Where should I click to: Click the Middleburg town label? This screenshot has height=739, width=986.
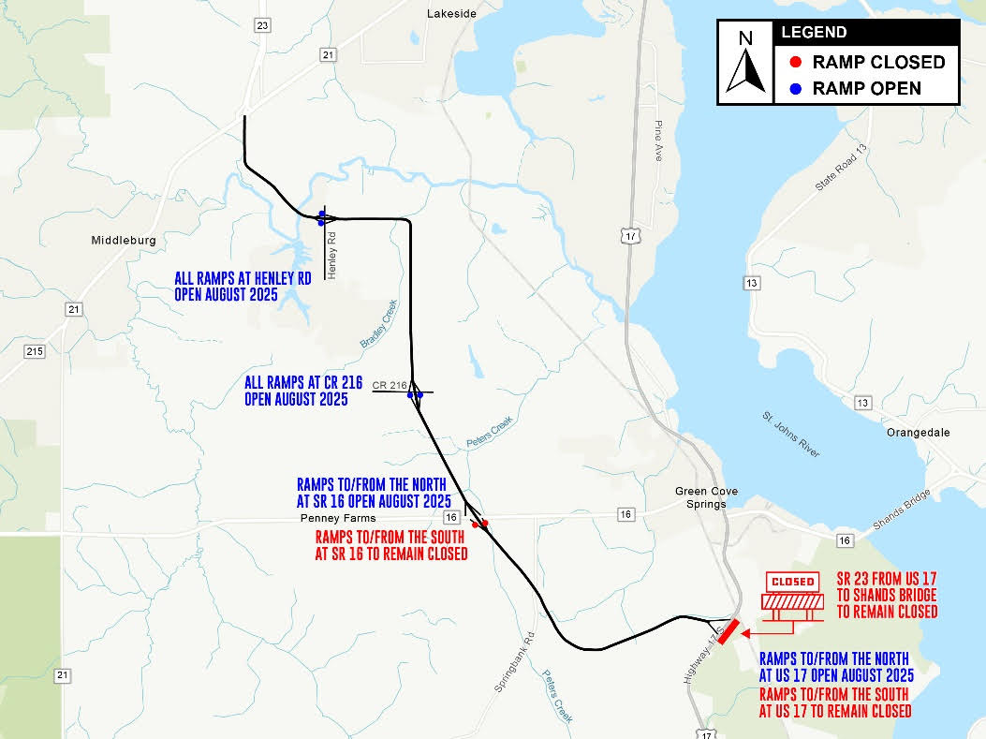coord(124,241)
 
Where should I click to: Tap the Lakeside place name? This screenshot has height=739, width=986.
coord(451,14)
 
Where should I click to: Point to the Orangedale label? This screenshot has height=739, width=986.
coord(917,434)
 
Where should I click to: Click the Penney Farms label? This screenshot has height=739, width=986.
coord(338,518)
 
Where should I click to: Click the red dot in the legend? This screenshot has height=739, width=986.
coord(795,63)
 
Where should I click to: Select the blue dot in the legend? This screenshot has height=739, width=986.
coord(795,89)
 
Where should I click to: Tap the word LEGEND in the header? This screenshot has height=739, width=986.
coord(814,33)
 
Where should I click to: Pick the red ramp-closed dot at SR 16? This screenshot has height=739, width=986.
coord(476,525)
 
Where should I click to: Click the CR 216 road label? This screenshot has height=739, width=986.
coord(390,385)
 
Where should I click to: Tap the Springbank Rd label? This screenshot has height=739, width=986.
coord(514,661)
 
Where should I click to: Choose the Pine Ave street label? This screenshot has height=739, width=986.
coord(658,141)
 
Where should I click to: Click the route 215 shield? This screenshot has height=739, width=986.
coord(36,351)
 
